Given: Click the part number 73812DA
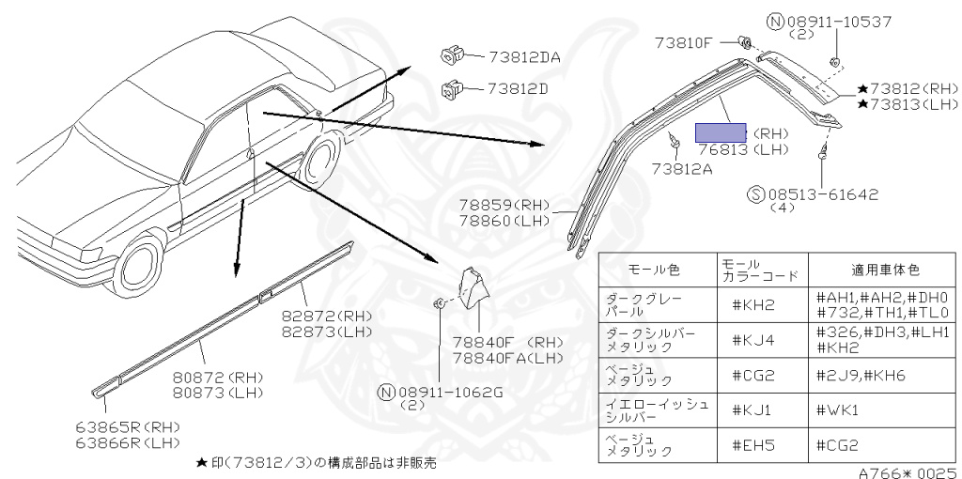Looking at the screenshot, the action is coord(524,57).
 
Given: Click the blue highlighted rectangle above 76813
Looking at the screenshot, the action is coord(721,132).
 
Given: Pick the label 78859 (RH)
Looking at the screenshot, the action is coord(504,204).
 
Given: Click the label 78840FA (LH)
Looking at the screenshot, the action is coord(507,358).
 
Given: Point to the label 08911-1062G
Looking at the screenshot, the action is coord(452,392).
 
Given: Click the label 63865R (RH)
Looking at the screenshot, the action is coord(128,425).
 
